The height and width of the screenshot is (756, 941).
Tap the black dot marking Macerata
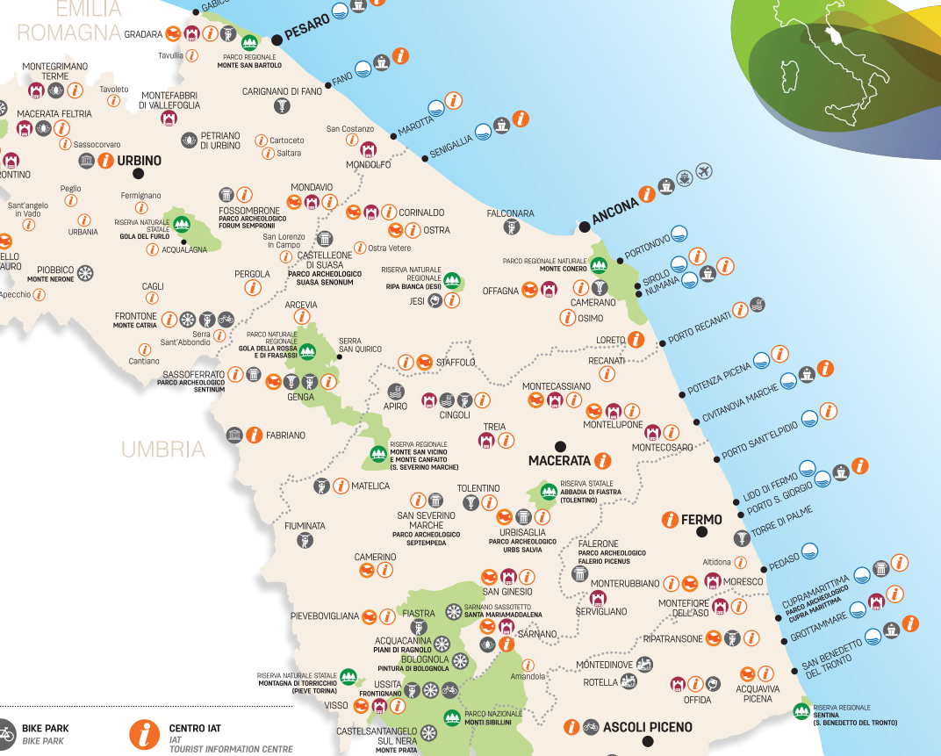click(x=560, y=444)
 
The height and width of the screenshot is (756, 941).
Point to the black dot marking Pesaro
click(x=277, y=39)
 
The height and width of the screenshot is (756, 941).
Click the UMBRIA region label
click(x=163, y=450)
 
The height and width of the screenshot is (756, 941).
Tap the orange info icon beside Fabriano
click(x=255, y=435)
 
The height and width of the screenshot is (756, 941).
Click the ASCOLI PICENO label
click(x=648, y=727)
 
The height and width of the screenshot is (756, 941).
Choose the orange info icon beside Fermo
click(x=671, y=520)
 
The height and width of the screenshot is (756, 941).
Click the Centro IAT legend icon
click(x=144, y=734)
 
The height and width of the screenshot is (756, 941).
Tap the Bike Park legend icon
click(x=4, y=734)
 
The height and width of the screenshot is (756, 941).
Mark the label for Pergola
click(x=252, y=274)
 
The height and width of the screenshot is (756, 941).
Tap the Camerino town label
click(x=375, y=557)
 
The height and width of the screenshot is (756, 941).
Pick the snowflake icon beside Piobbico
click(x=86, y=272)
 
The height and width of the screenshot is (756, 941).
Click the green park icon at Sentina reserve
click(x=801, y=709)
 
